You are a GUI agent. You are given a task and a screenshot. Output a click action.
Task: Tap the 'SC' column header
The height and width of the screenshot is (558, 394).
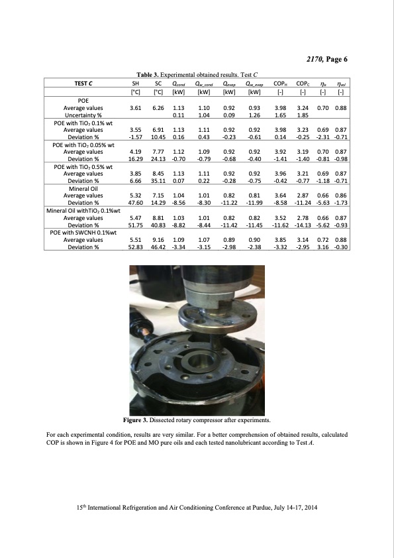pos(158,84)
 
